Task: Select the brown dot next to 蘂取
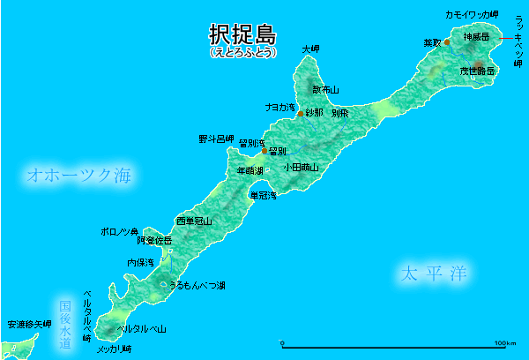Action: pos(447,42)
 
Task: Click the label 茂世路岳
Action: pos(477,70)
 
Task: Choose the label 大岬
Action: pos(310,49)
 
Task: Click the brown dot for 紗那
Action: pos(300,114)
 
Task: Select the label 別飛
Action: pos(339,114)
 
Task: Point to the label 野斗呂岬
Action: pos(216,139)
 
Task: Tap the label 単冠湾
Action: pos(264,195)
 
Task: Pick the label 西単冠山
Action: pos(194,221)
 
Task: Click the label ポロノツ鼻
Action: pos(120,231)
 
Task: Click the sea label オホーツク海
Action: pos(78,175)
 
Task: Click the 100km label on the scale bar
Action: pos(506,342)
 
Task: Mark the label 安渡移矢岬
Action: pos(28,325)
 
